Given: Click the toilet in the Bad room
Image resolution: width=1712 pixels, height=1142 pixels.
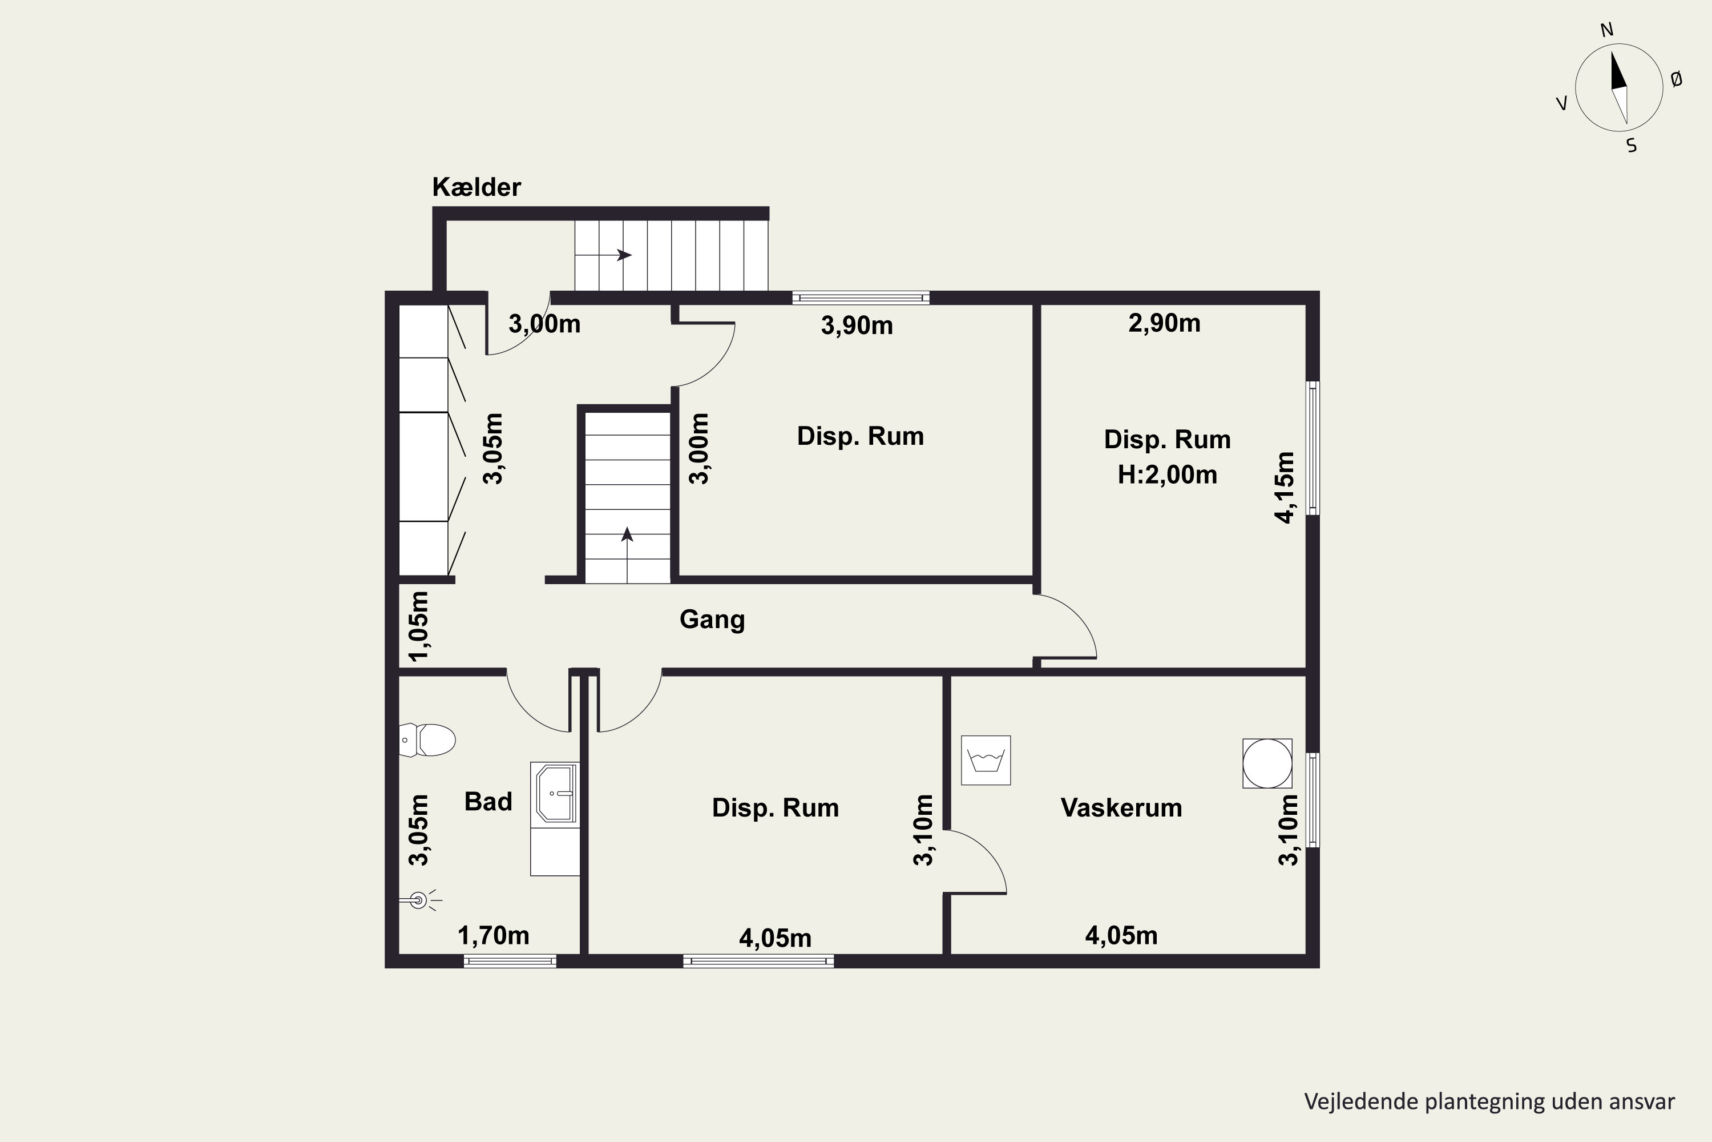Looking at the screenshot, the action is (427, 740).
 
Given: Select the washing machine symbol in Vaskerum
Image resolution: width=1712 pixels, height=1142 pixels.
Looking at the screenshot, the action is (986, 761).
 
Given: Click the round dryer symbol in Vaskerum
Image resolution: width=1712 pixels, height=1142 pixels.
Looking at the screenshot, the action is (1267, 763).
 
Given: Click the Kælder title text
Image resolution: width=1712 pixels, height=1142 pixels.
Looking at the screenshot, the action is (477, 187).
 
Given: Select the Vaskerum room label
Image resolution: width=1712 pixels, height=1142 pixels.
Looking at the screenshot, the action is (1121, 808).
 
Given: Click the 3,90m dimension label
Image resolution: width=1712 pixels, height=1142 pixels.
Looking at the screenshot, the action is (857, 325).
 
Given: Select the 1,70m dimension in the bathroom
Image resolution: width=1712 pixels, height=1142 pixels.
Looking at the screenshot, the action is (494, 935).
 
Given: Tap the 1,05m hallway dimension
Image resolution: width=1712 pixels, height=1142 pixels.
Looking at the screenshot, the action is (419, 626).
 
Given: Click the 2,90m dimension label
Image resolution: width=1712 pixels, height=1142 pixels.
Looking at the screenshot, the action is (1165, 323).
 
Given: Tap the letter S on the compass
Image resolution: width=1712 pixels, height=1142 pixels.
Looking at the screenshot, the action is (1631, 146).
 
